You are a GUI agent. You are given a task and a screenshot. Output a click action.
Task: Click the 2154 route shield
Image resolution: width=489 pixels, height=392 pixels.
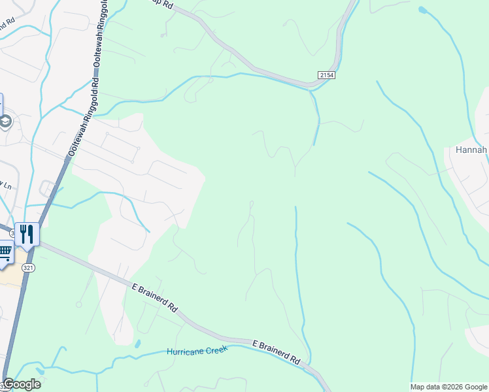(327, 76)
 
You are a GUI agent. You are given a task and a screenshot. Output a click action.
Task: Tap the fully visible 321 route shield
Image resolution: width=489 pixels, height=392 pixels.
(27, 268)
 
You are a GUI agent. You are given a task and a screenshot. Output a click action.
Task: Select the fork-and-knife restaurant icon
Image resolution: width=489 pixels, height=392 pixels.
(27, 234)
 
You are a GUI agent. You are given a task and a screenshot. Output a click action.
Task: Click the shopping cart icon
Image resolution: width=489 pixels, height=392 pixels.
(5, 252)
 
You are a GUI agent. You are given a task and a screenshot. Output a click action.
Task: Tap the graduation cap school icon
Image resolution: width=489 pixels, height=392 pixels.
(6, 122)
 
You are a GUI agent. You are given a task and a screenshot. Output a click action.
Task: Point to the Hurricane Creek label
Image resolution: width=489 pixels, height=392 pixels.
(197, 351)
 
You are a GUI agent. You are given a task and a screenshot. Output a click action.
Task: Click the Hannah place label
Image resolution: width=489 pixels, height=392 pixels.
(467, 150)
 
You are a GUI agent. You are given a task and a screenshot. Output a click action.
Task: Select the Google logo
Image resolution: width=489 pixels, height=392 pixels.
(22, 384)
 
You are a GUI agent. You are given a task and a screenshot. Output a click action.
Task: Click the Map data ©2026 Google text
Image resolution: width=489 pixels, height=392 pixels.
(449, 387)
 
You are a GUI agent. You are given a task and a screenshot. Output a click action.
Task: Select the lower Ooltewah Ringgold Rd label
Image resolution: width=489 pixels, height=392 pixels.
(83, 118)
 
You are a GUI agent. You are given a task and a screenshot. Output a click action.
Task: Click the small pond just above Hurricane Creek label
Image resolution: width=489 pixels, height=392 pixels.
(137, 343)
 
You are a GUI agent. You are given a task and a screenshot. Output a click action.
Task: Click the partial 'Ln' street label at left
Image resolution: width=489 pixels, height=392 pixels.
(7, 185)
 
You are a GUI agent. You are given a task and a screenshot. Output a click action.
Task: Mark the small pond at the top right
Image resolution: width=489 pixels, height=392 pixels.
(422, 10)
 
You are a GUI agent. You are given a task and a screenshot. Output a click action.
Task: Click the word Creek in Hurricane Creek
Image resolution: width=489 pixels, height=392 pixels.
(215, 351)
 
